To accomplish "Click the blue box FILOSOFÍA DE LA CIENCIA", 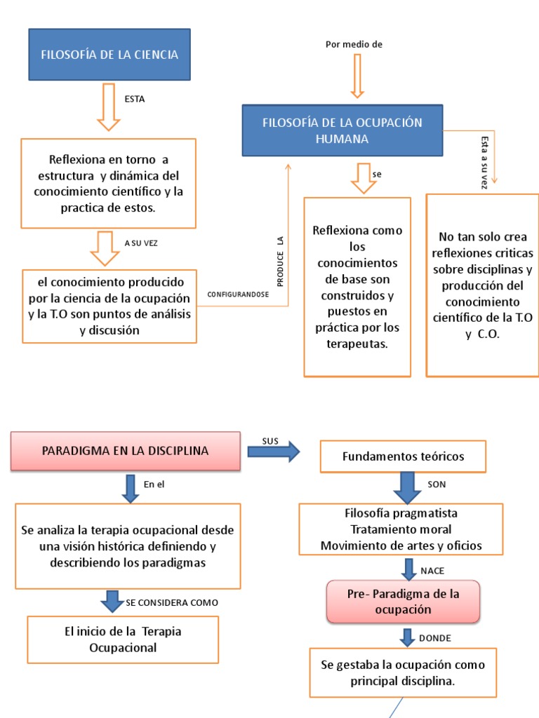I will pos(109,54).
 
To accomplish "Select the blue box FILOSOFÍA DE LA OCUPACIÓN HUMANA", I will pos(342,130).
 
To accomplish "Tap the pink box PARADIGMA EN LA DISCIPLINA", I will pos(125,451).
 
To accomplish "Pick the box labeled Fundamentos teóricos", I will pos(403,456).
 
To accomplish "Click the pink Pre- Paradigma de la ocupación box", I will pos(403,602).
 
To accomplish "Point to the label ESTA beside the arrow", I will pos(134,99).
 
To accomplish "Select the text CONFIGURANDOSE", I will pos(238,294).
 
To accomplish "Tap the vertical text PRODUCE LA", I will pos(279,261).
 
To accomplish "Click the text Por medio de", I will pos(354,45).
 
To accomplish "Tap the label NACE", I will pos(432,571).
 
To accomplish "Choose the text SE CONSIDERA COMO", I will pos(172,602).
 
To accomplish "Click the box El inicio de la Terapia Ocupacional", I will pos(123,639).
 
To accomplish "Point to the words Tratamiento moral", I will pos(401,529).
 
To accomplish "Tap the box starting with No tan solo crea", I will pos(482,285).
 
